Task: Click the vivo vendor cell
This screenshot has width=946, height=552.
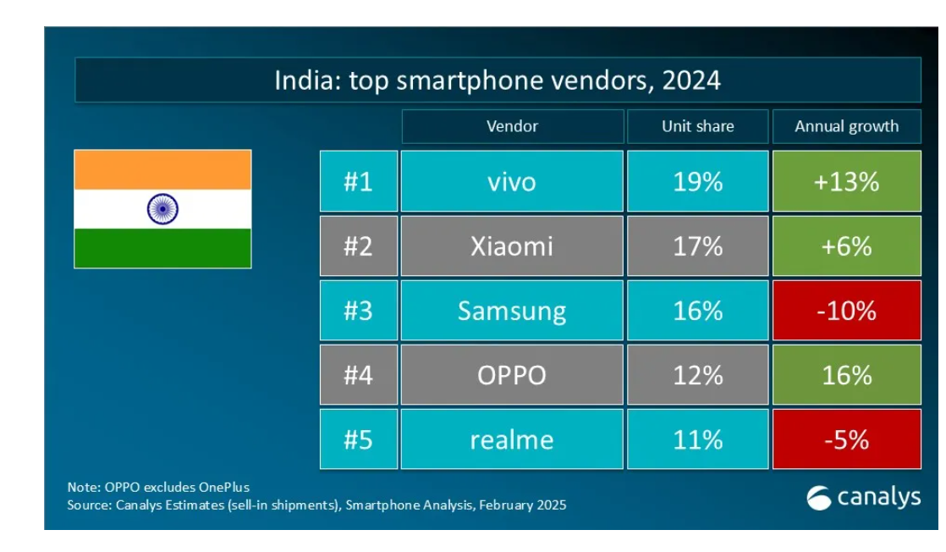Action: pyautogui.click(x=512, y=181)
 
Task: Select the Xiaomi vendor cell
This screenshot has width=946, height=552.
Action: pyautogui.click(x=512, y=246)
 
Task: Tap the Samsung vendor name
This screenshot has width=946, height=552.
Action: pyautogui.click(x=512, y=311)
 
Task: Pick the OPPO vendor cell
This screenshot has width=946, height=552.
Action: pyautogui.click(x=512, y=375)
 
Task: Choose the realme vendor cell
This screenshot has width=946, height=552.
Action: pyautogui.click(x=512, y=439)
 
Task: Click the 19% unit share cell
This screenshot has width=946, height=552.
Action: pyautogui.click(x=697, y=181)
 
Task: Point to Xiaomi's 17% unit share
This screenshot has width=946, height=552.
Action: pyautogui.click(x=697, y=246)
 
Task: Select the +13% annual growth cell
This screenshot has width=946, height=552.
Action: pyautogui.click(x=846, y=181)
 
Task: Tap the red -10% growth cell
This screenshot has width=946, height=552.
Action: pyautogui.click(x=846, y=311)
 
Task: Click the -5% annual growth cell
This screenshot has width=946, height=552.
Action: pyautogui.click(x=846, y=439)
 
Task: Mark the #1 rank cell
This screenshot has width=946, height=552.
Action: pyautogui.click(x=358, y=181)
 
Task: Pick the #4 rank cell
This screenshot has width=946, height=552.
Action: pyautogui.click(x=358, y=375)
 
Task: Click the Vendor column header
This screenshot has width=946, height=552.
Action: pyautogui.click(x=512, y=127)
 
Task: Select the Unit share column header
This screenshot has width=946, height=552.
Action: pyautogui.click(x=697, y=127)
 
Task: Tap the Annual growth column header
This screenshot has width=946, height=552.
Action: pyautogui.click(x=846, y=127)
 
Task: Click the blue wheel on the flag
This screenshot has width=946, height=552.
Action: pyautogui.click(x=162, y=208)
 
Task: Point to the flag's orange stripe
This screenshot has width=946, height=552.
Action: pyautogui.click(x=162, y=169)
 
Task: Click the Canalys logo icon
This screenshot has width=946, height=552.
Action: pyautogui.click(x=818, y=498)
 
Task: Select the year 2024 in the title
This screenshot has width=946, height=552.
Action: pyautogui.click(x=691, y=80)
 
